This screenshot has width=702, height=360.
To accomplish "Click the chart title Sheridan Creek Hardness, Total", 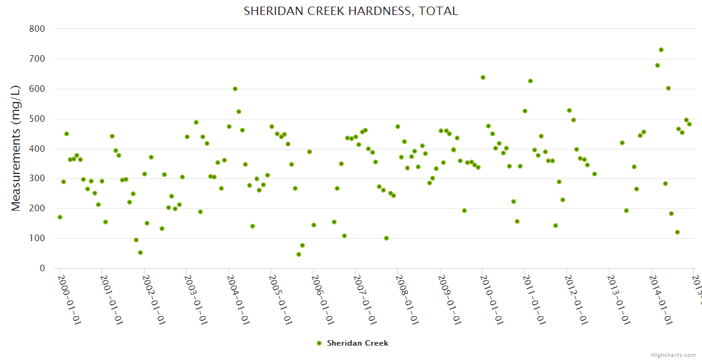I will pos(350,11).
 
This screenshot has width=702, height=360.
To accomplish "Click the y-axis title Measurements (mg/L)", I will pos(16,148).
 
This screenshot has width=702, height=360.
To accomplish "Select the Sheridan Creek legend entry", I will pos(353,343).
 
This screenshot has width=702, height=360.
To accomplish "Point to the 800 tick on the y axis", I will pos(37,29).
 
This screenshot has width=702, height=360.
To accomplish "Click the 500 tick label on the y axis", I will pos(37,119).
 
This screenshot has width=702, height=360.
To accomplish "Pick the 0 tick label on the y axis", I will pos(42,268).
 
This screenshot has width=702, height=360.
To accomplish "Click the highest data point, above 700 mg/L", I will pos(661,50).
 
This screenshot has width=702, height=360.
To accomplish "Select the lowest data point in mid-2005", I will pos(299,254).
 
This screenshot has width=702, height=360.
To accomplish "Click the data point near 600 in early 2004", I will pos(235,89).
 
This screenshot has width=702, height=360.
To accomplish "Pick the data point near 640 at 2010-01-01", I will pos(483,77).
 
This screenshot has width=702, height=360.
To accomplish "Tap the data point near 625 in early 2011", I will pos(530,81).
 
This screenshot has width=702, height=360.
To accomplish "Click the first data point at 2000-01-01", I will pos(60,217).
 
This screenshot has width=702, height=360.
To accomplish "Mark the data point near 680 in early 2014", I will pos(658,65).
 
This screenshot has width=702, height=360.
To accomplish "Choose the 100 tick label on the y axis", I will pos(37,238).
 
